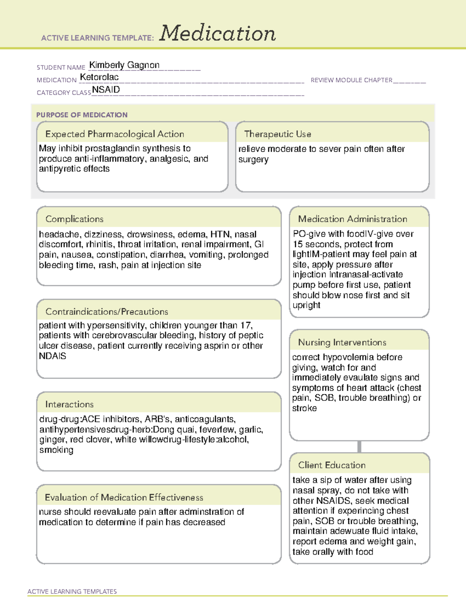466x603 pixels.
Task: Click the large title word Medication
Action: point(217,33)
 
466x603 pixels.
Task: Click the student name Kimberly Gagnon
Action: point(124,65)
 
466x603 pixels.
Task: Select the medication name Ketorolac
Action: point(99,77)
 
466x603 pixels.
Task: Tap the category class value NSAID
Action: point(106,90)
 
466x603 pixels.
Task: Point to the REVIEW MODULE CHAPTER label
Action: point(351,80)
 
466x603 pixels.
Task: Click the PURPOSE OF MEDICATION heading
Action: point(82,115)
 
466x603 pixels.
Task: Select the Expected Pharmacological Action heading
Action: point(115,134)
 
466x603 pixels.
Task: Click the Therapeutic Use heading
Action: point(278,134)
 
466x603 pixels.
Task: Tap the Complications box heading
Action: point(75,219)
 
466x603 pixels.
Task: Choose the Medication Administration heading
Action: point(353,219)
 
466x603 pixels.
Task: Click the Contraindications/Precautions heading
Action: point(107,311)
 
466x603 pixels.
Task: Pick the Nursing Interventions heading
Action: point(342,342)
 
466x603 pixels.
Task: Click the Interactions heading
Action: point(70,404)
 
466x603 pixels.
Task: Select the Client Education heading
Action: point(332,465)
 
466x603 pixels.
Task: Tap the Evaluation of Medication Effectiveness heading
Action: point(124,497)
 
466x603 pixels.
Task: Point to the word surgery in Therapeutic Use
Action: point(253,160)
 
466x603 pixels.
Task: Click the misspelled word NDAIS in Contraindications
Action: point(52,356)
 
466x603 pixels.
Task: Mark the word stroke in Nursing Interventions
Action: point(304,408)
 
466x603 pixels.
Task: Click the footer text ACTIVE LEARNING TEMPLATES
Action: point(72,591)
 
